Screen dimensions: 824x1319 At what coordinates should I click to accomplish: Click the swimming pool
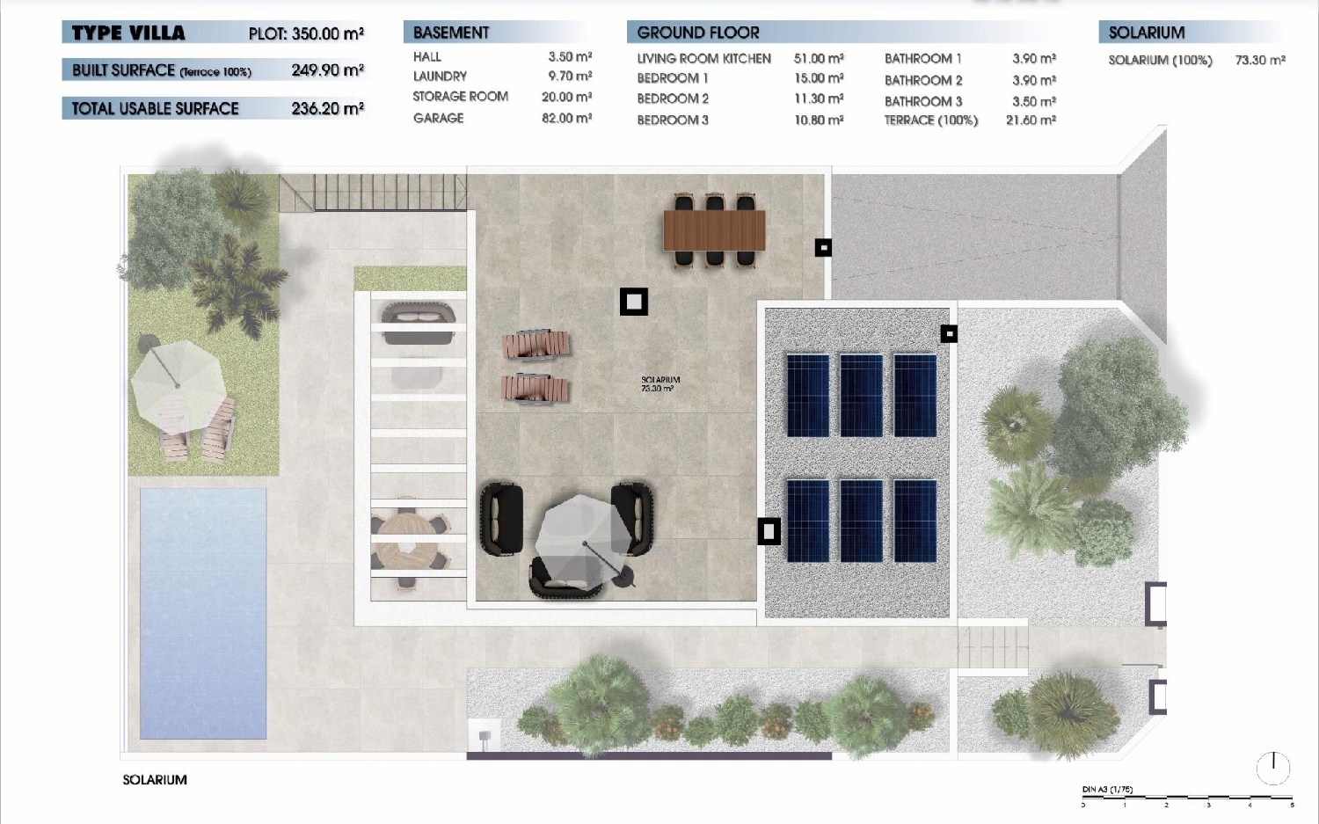click(203, 612)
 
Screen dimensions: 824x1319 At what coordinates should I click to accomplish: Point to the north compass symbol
click(1272, 768)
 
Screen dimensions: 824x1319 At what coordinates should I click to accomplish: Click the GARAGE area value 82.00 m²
click(566, 118)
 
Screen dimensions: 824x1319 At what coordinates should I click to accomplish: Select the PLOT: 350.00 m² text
click(306, 33)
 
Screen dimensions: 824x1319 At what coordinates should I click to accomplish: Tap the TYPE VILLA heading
click(128, 33)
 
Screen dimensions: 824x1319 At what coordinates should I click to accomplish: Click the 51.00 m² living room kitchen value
click(818, 58)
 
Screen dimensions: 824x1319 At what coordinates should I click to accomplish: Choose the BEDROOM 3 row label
click(673, 120)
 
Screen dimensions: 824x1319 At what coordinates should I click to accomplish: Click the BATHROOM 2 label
click(923, 80)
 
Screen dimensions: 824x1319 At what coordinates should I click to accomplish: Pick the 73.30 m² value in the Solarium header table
click(1259, 60)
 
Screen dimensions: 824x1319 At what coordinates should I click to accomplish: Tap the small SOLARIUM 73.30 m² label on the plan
click(659, 384)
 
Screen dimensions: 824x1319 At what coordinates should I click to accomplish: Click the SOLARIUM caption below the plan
click(155, 779)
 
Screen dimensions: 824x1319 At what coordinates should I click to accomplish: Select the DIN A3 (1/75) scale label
click(1107, 790)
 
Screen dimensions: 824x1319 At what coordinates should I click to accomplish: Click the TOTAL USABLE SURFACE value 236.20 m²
click(327, 108)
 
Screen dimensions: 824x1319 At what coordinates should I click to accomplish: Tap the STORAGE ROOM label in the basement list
click(460, 97)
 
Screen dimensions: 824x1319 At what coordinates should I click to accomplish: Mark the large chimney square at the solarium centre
click(633, 302)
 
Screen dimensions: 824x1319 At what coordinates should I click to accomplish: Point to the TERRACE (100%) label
click(930, 120)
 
